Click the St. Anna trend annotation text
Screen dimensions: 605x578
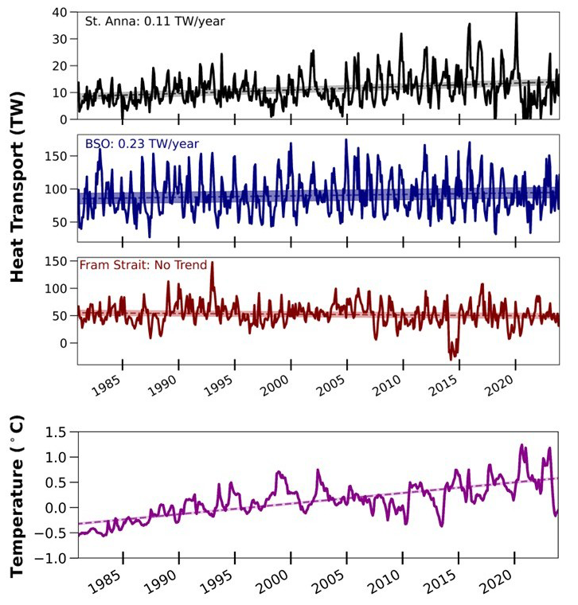[x=154, y=21]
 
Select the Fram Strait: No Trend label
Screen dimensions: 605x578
[x=142, y=265]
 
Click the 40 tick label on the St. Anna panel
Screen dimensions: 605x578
[x=61, y=14]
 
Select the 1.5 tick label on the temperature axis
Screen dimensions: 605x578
[x=56, y=432]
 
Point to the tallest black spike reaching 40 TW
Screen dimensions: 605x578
[x=517, y=14]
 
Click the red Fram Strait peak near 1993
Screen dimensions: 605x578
[x=212, y=263]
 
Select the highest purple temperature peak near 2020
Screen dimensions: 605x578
[x=522, y=446]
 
